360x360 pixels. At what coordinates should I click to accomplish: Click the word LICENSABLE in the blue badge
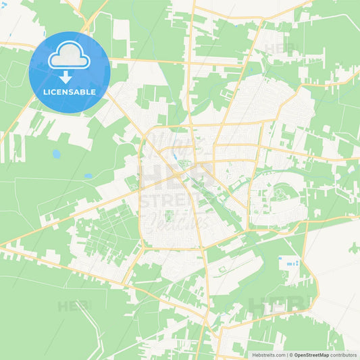click(x=69, y=91)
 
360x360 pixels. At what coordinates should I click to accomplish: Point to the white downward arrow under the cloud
click(x=66, y=76)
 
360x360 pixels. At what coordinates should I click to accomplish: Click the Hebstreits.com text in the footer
click(x=267, y=355)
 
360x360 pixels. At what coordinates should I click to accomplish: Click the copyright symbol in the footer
click(x=290, y=355)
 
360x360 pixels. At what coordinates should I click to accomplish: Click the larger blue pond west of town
click(x=56, y=154)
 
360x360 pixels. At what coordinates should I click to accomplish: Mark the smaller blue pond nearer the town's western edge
click(x=88, y=176)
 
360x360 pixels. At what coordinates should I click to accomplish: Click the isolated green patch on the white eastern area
click(x=353, y=248)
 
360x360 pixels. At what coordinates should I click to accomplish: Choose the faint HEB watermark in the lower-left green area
click(x=74, y=305)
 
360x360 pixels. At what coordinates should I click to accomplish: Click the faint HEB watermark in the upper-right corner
click(x=281, y=49)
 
